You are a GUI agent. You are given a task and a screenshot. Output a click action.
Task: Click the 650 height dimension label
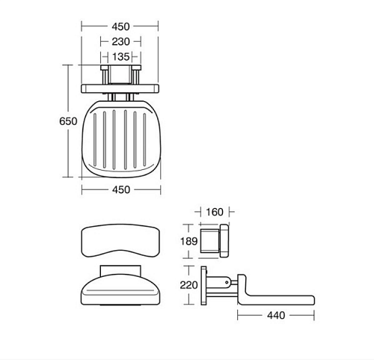[x=68, y=121]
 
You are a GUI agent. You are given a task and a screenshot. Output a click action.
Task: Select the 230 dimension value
[x=120, y=42]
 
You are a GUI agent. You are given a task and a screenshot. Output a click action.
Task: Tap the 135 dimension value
[x=120, y=57]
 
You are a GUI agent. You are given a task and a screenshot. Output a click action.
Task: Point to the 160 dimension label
[x=215, y=212]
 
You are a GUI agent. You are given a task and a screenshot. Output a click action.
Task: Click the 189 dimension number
[x=188, y=241]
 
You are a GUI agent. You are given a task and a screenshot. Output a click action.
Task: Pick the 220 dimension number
[x=188, y=285]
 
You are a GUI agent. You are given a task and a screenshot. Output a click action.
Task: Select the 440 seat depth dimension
[x=276, y=316]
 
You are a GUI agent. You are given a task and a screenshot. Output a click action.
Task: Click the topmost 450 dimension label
[x=120, y=27]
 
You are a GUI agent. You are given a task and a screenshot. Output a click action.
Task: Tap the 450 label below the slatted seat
[x=121, y=190]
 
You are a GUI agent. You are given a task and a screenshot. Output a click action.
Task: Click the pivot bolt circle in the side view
[x=227, y=282]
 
